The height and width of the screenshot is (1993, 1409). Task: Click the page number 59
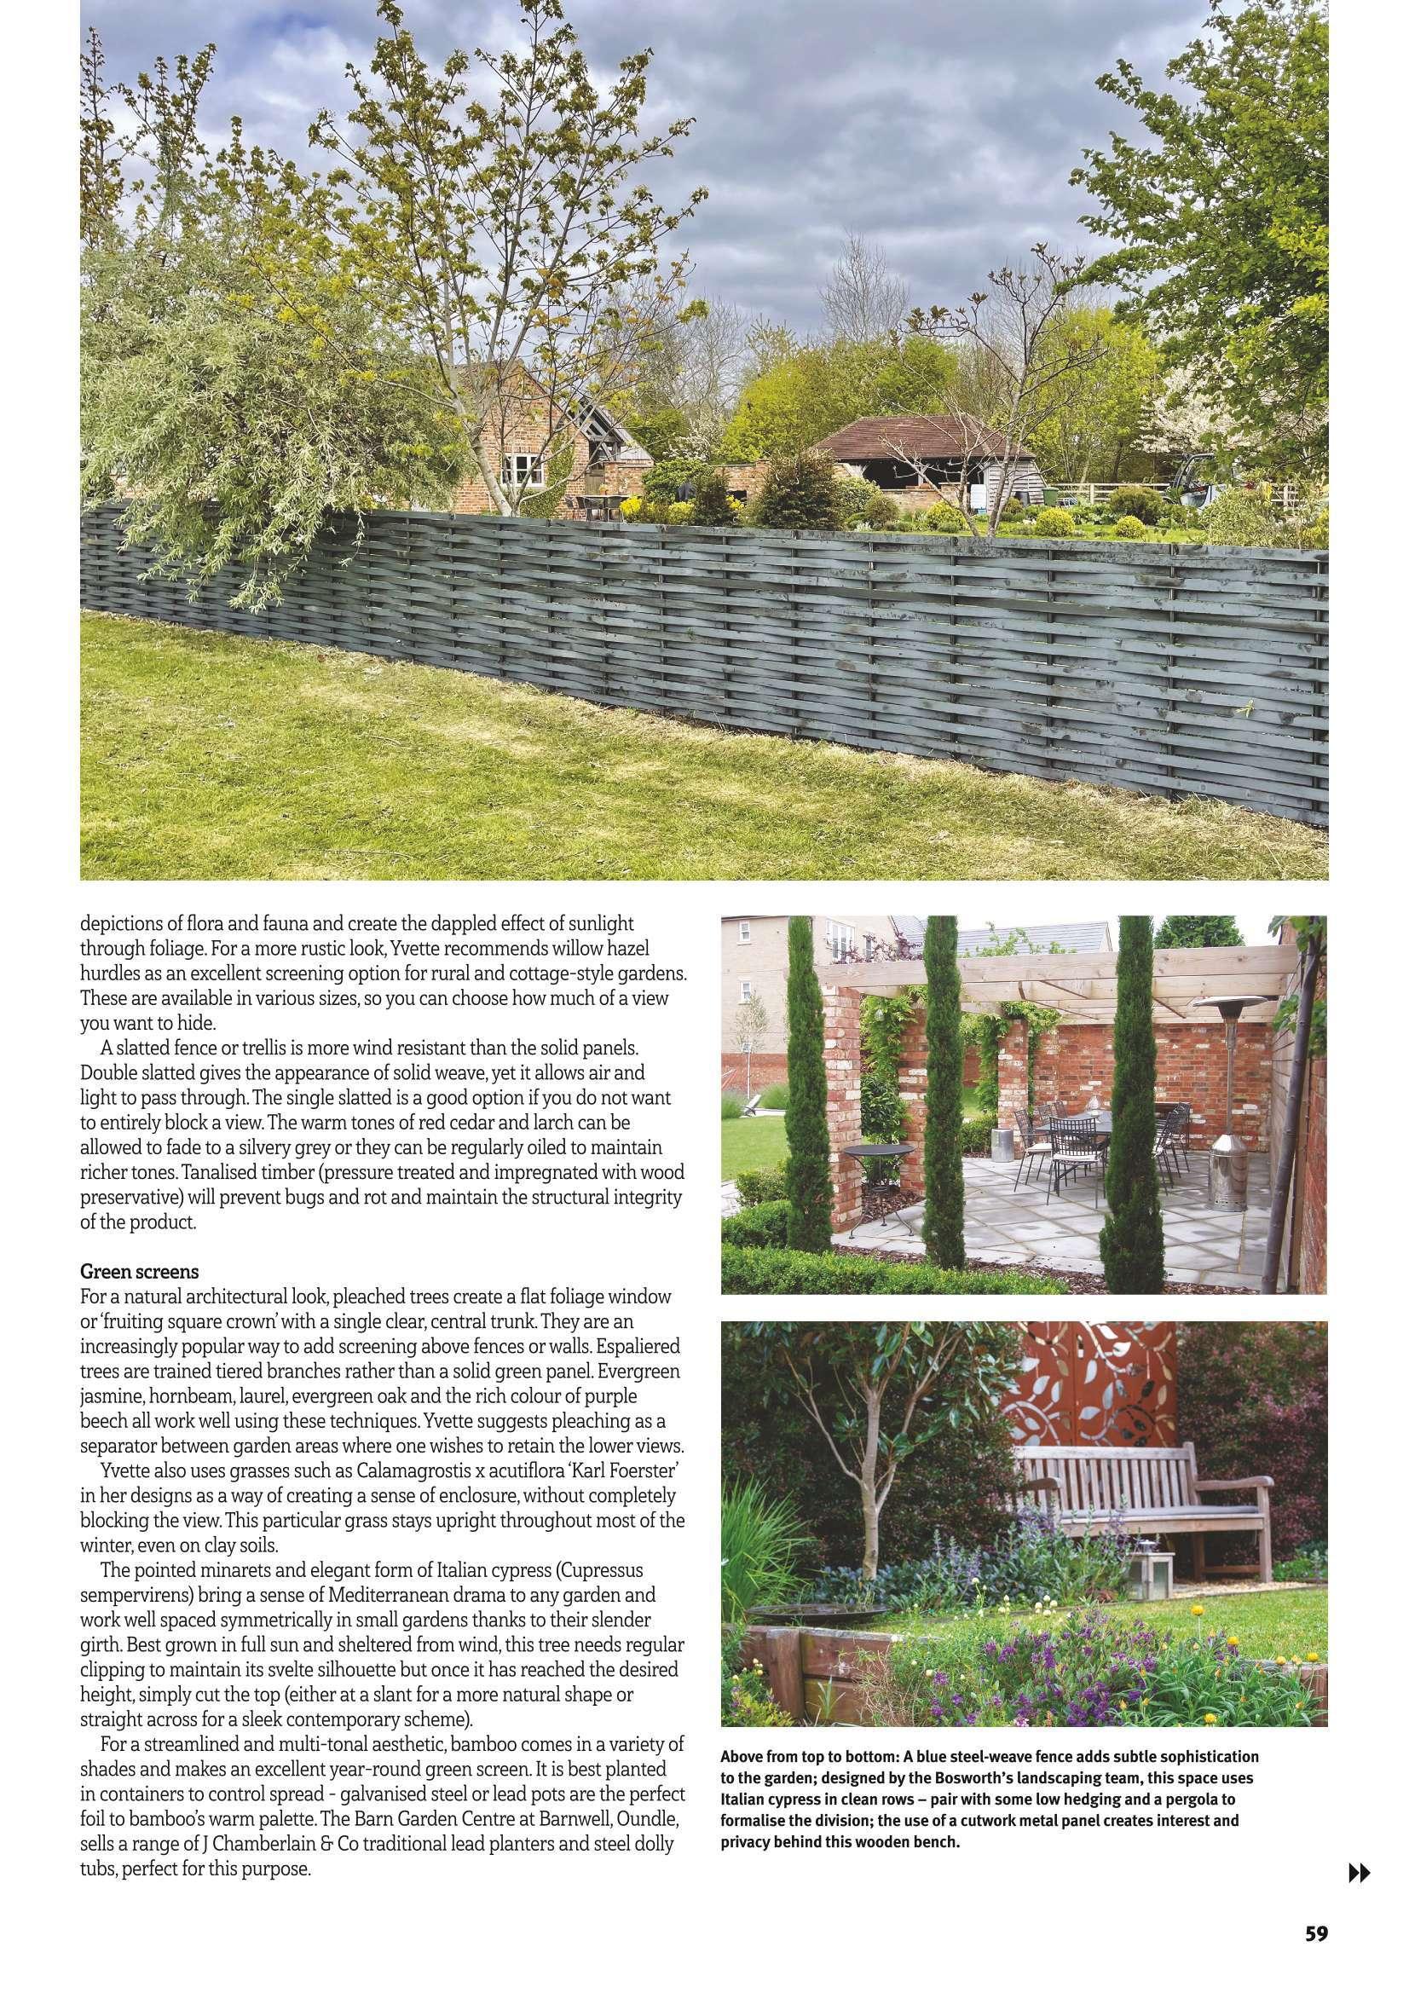pos(1316,1951)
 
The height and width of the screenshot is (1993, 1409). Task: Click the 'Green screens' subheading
pos(139,1271)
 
